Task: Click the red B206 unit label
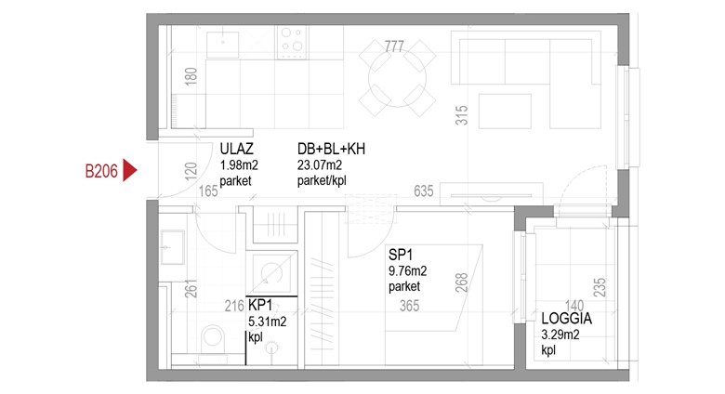tap(101, 172)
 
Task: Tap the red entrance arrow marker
tap(129, 171)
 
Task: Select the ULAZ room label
tap(236, 149)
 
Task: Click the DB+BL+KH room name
tap(331, 149)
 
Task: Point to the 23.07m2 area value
tap(320, 164)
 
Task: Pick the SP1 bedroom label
tap(401, 255)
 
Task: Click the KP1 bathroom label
tap(260, 305)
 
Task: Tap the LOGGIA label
tap(566, 319)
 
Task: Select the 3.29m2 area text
tap(560, 335)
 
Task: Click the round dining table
tap(398, 79)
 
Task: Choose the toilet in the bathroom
tap(213, 337)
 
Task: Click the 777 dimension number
tap(394, 46)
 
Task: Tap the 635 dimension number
tap(424, 190)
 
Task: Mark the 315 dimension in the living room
tap(462, 115)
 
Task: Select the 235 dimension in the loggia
tap(600, 287)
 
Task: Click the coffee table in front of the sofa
tap(505, 111)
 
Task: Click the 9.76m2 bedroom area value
tap(407, 270)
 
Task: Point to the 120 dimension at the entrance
tap(191, 171)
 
